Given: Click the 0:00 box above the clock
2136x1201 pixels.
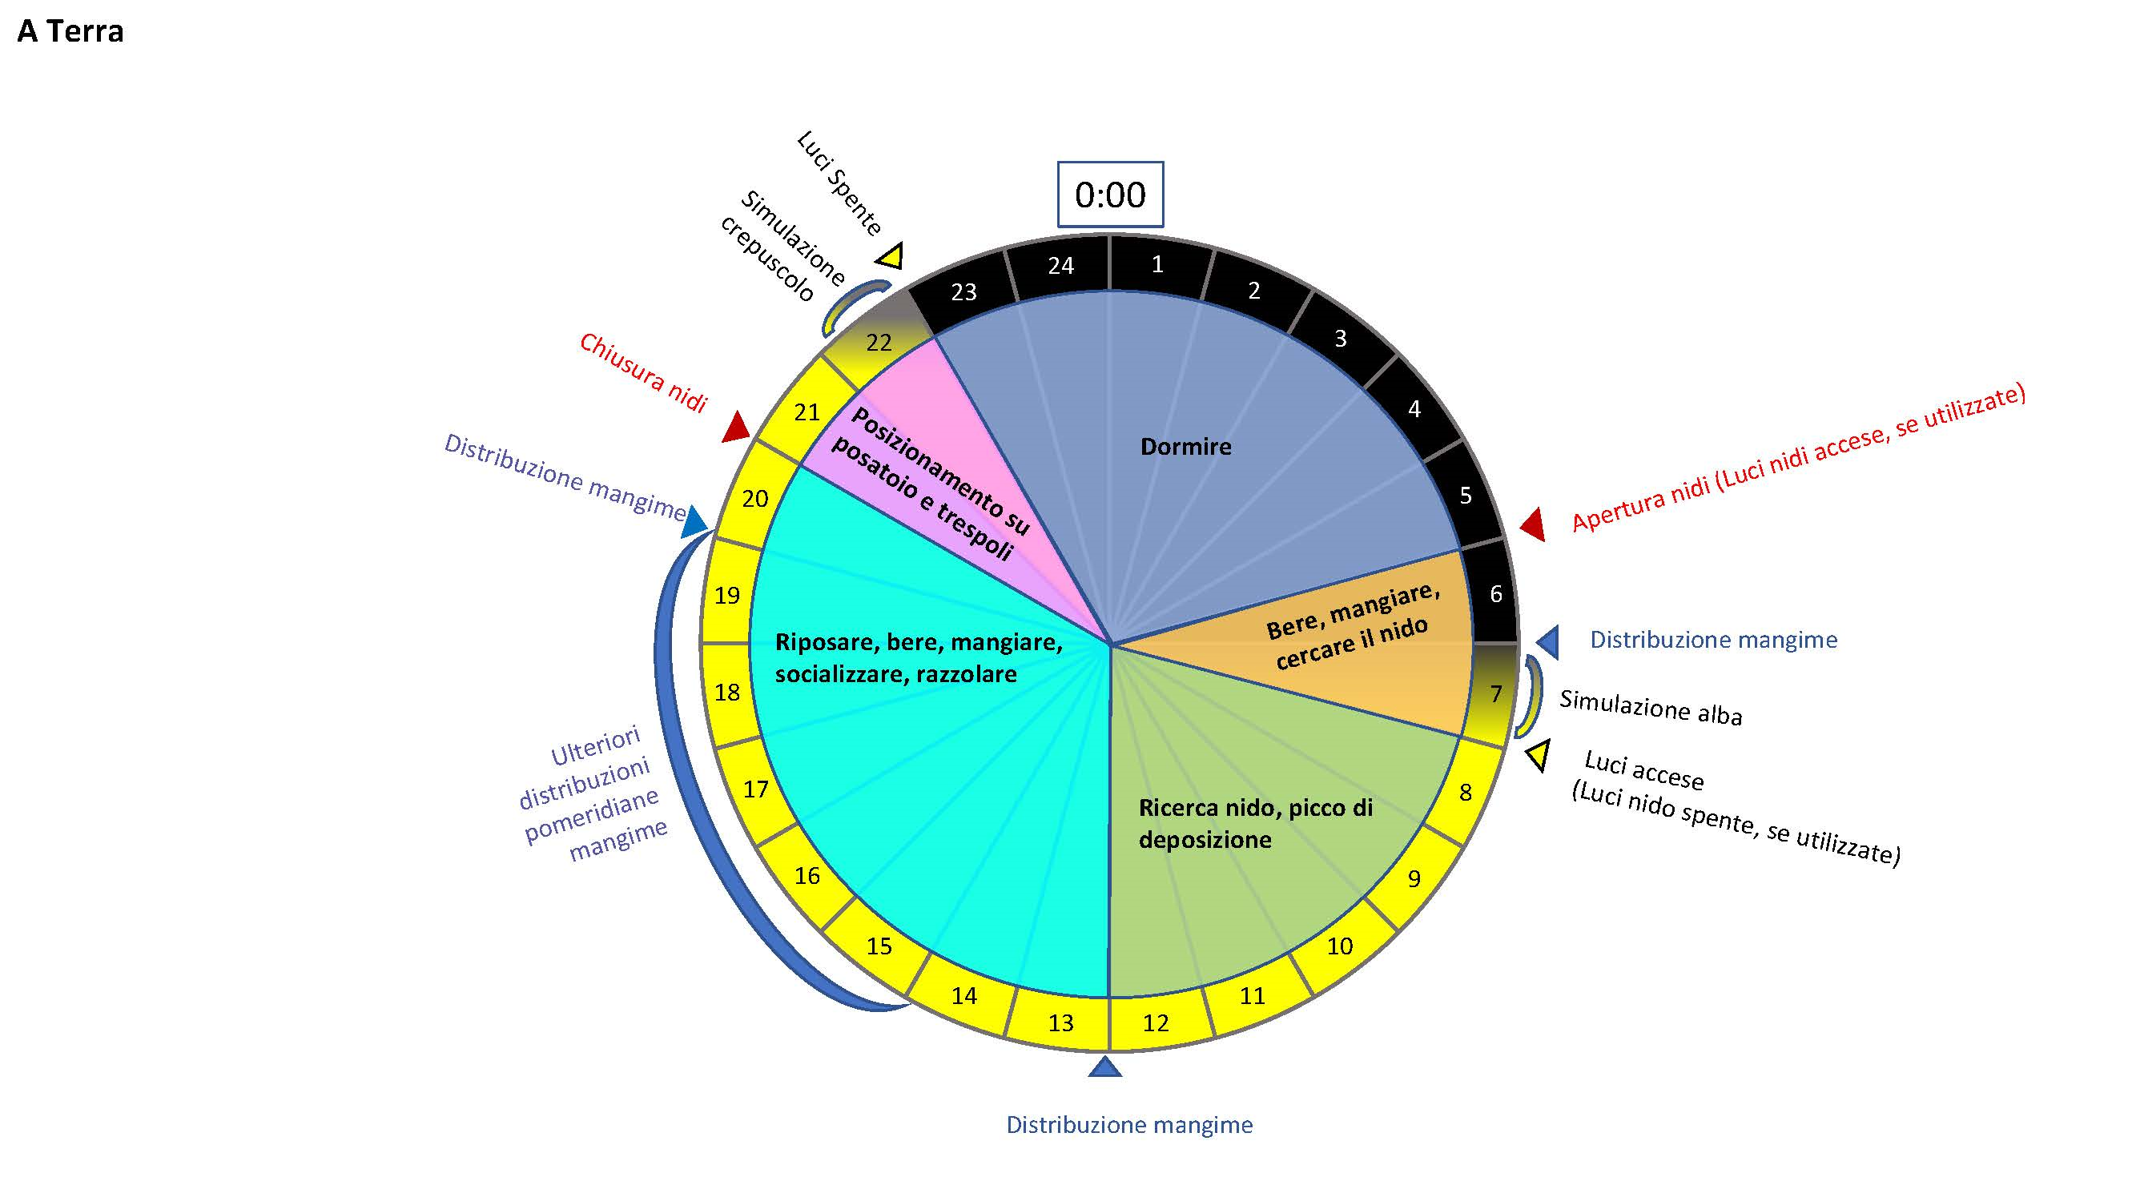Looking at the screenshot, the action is [x=1109, y=195].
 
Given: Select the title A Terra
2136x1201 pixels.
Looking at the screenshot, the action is [x=70, y=31].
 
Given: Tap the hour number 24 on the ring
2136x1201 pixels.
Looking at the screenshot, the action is [x=1060, y=265].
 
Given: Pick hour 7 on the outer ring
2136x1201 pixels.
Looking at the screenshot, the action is [x=1496, y=693].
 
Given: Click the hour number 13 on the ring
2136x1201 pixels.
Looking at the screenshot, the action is [x=1060, y=1022].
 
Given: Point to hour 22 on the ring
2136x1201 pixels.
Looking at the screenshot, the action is [x=879, y=343].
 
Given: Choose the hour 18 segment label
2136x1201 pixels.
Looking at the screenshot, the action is [x=727, y=692].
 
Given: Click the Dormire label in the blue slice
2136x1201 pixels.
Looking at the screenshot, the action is [x=1186, y=447].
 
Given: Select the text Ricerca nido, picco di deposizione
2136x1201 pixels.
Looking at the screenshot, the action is [x=1255, y=823].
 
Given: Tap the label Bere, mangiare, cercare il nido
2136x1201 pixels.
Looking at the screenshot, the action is [x=1354, y=627].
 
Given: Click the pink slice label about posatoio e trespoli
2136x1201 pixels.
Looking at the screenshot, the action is [x=931, y=484].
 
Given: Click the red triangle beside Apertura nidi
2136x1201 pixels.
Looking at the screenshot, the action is [x=1533, y=524].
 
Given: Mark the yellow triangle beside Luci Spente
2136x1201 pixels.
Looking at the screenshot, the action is [x=891, y=256].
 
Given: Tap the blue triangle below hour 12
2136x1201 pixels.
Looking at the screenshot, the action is [x=1104, y=1066].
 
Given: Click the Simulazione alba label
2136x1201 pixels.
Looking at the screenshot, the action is [x=1651, y=708].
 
